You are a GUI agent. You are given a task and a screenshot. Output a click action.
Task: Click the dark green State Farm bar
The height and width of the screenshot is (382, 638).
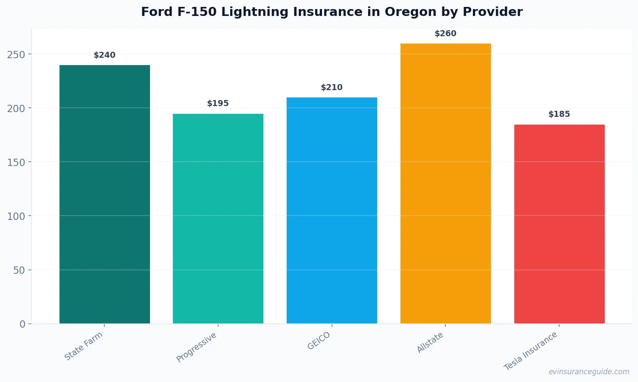105,194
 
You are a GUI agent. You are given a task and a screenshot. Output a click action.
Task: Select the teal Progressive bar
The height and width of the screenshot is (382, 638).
218,219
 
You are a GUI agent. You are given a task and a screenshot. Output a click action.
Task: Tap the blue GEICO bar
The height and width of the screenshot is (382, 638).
332,210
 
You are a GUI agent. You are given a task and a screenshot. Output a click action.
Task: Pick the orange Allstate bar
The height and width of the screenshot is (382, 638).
445,183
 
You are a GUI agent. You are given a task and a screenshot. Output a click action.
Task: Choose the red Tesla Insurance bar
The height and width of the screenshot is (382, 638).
559,224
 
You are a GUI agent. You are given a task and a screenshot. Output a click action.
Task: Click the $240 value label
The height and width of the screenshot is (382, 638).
105,55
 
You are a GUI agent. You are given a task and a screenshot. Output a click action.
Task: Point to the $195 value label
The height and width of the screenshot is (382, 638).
218,103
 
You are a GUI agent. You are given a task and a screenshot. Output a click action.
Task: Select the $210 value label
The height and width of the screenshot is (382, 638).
332,88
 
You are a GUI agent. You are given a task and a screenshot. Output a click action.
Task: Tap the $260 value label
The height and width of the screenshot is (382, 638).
445,34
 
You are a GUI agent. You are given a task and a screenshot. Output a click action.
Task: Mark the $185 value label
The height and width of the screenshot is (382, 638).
559,114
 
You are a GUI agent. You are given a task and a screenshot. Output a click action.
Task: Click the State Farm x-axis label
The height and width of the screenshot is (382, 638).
84,346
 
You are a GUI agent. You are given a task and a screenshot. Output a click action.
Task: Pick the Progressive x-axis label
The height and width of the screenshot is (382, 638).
197,348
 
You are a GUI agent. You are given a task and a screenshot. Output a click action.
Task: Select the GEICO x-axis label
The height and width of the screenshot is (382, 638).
319,341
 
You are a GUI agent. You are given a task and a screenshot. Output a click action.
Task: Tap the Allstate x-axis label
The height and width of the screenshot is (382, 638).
430,343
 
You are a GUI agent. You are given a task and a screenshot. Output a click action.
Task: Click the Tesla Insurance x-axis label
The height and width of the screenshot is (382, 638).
531,351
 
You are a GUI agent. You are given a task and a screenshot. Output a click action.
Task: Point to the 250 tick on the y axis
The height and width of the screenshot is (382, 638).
16,54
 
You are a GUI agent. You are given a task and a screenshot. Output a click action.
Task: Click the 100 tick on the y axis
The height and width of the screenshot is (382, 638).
16,216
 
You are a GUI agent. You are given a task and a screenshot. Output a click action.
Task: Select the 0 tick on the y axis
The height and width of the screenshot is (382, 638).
22,324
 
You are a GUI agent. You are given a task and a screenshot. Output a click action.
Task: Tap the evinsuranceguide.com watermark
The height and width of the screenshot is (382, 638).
589,372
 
